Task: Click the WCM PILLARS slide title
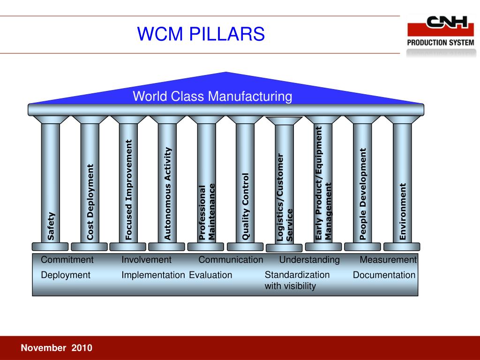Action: pos(201,34)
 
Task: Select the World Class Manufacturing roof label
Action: pos(212,97)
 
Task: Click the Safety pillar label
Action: pos(51,226)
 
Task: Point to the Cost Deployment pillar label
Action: pos(90,202)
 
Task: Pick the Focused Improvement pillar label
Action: pos(129,190)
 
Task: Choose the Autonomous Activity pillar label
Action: pos(168,194)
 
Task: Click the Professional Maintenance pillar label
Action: pos(207,212)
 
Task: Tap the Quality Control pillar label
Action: pos(246,207)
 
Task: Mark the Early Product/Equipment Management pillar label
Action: pos(324,183)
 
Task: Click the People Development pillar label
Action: pos(363,194)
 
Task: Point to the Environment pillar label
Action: pos(402,212)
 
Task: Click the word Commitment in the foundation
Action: pos(67,260)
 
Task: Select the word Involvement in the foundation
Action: pos(147,260)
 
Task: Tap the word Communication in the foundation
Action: pos(231,260)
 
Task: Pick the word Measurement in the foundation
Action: pos(388,260)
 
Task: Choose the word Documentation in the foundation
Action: pos(384,275)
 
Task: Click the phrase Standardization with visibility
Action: pos(297,280)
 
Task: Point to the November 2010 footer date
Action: pos(57,348)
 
